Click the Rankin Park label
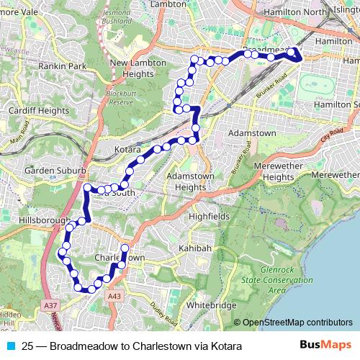pyautogui.click(x=62, y=66)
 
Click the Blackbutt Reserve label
pyautogui.click(x=120, y=98)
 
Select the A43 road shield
pyautogui.click(x=114, y=296)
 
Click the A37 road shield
pyautogui.click(x=49, y=306)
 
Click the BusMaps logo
pyautogui.click(x=325, y=346)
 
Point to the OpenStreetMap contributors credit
pyautogui.click(x=297, y=323)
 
